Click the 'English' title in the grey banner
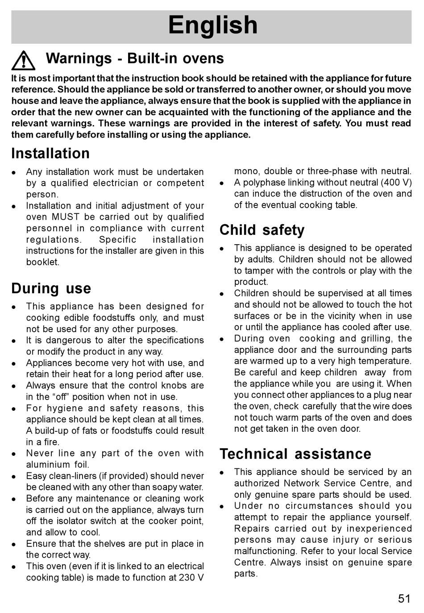click(213, 25)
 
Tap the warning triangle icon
click(23, 61)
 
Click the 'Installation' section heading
click(50, 154)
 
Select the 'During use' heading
click(51, 288)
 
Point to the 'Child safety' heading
click(262, 230)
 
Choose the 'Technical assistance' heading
click(295, 454)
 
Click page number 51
click(404, 599)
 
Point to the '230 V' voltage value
click(192, 578)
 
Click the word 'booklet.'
click(42, 262)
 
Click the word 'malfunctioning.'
click(266, 551)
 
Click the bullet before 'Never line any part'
click(14, 454)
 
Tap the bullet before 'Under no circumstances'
click(222, 507)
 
